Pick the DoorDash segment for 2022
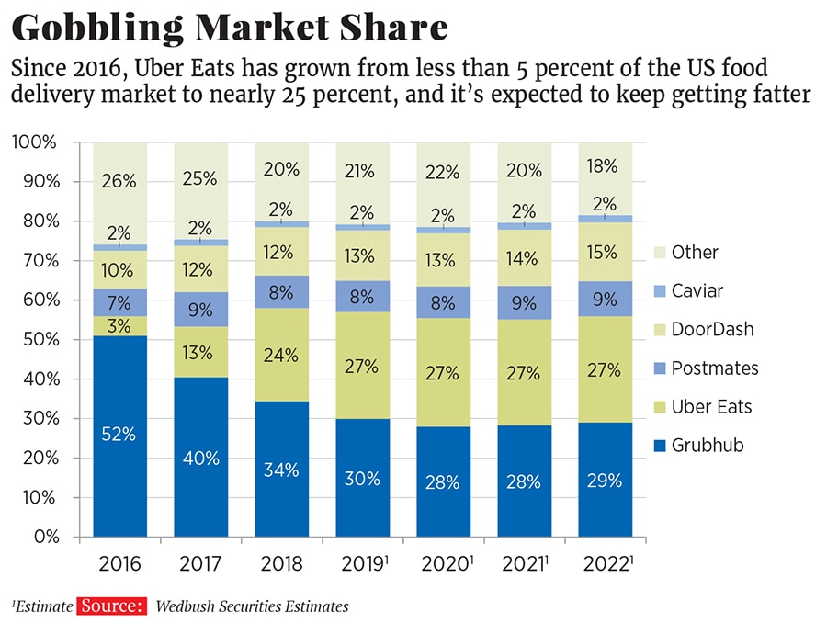[x=605, y=252]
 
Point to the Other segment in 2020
[x=443, y=184]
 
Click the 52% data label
[x=119, y=435]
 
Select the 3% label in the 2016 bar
[x=119, y=326]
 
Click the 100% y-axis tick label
[x=34, y=142]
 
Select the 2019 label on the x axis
[x=362, y=563]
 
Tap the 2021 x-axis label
[x=524, y=563]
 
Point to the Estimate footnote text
[x=43, y=606]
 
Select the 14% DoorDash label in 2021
[x=524, y=258]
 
